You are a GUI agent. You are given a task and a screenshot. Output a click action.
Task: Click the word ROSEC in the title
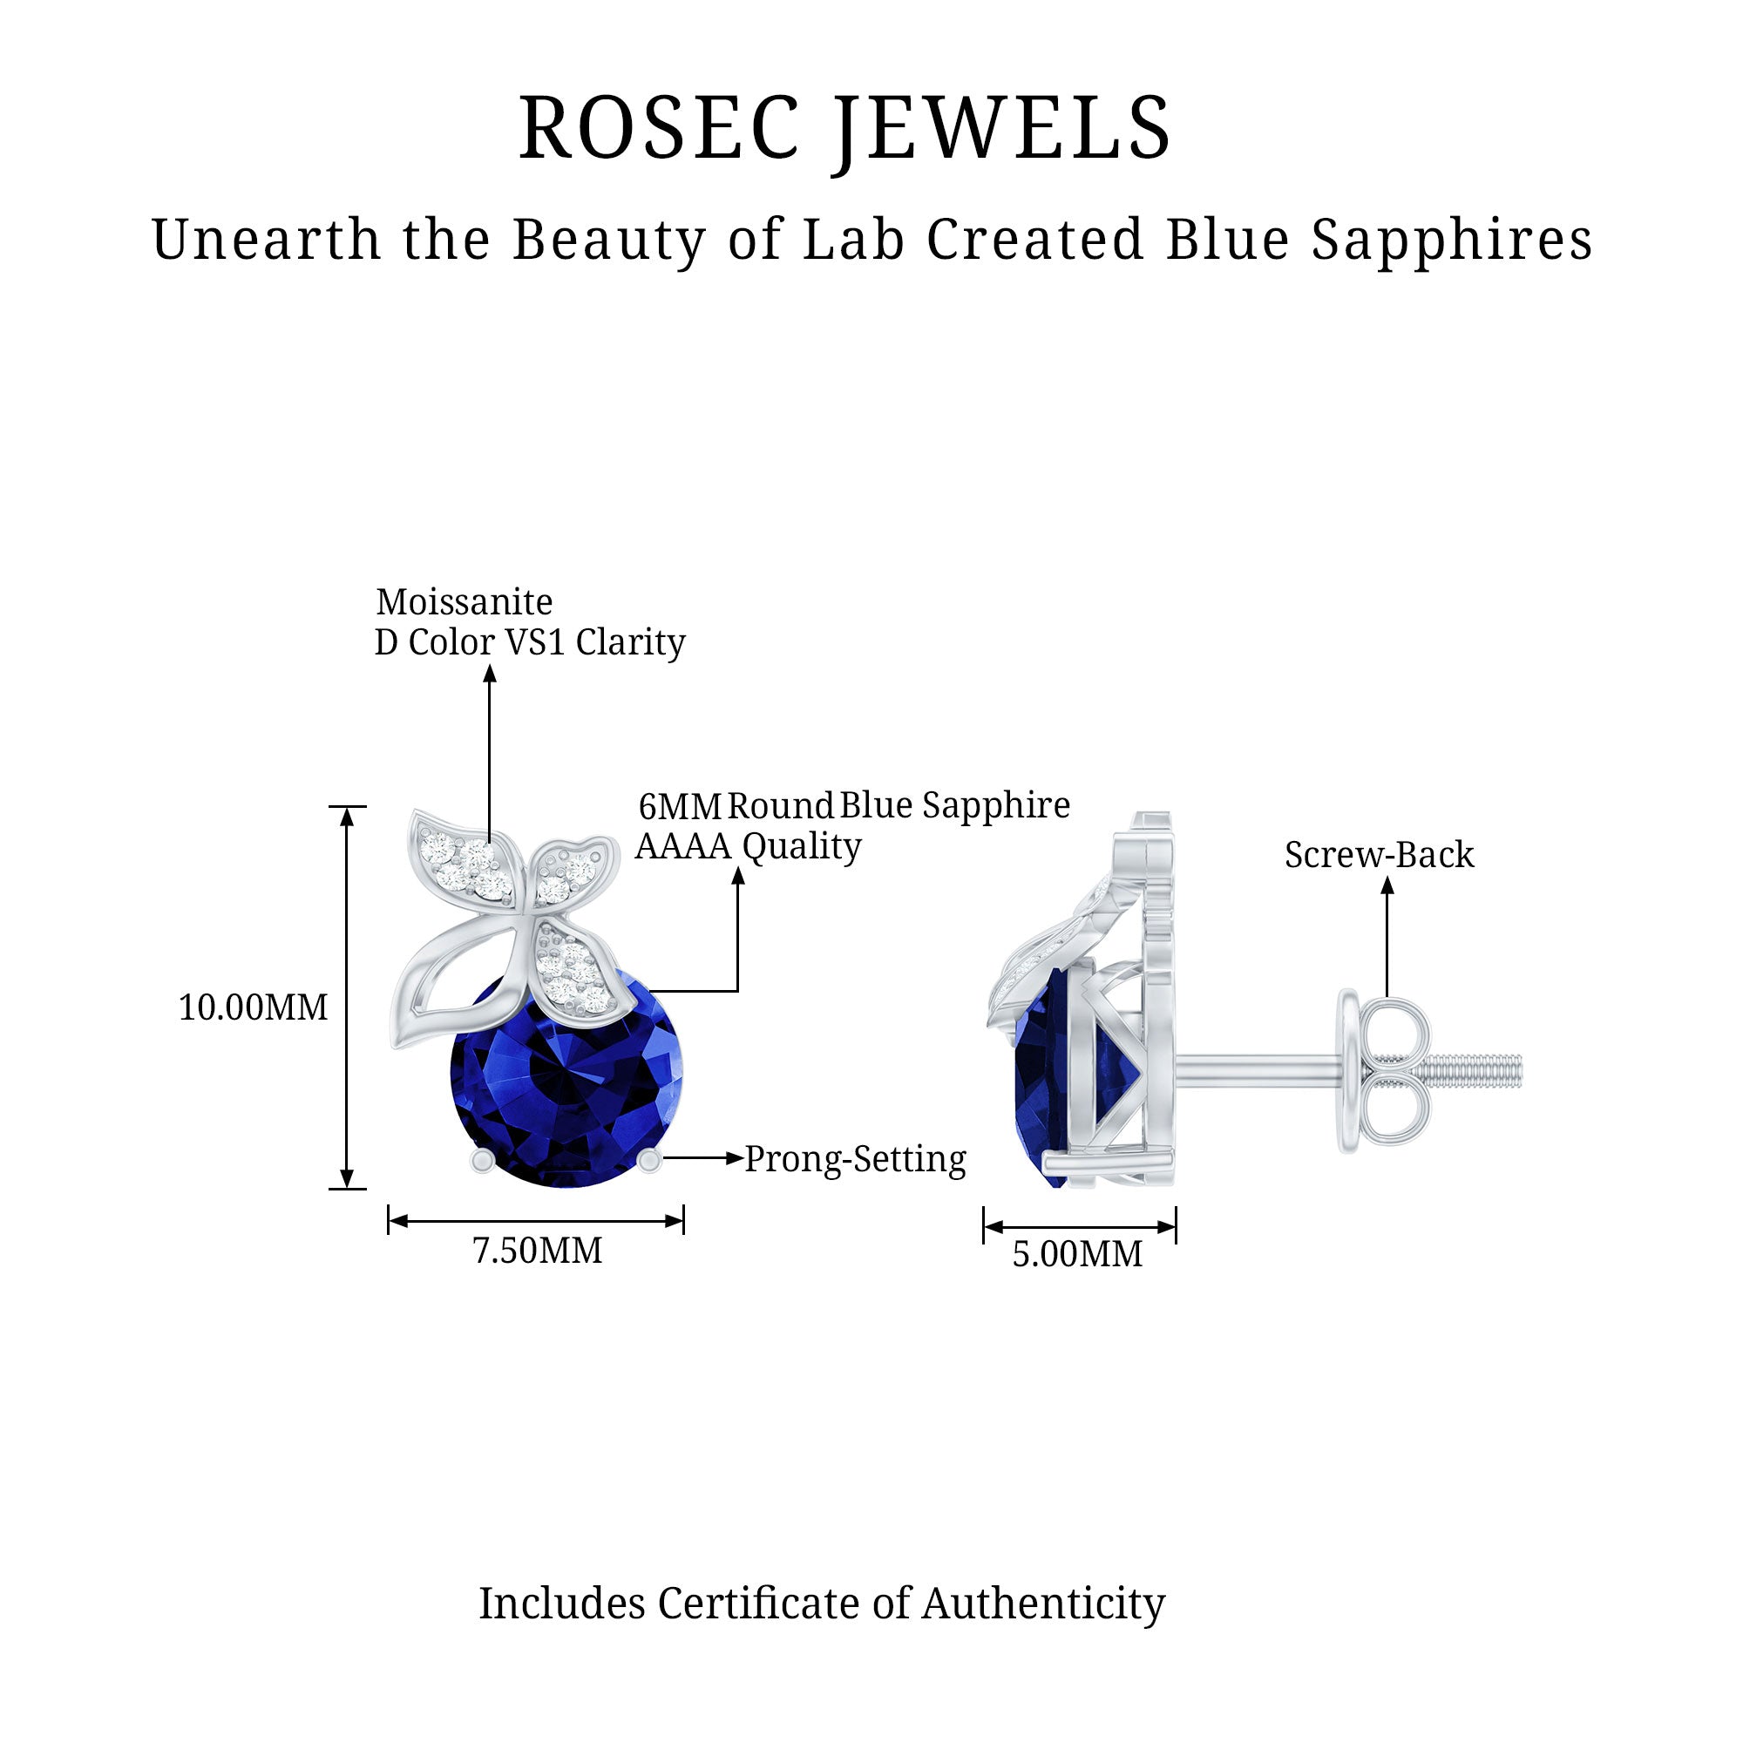[x=660, y=128]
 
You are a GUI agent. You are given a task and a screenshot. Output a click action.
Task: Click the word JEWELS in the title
[x=1002, y=128]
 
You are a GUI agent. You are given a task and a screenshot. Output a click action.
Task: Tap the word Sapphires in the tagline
[x=1452, y=240]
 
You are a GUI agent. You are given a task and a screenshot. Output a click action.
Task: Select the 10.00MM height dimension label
[x=253, y=1007]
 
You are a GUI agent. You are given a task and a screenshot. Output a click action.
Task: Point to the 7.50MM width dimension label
[x=538, y=1251]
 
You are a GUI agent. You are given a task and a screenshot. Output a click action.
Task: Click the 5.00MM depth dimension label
[x=1077, y=1255]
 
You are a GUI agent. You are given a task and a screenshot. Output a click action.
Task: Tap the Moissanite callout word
[x=464, y=601]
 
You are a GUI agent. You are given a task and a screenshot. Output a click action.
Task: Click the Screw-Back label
[x=1379, y=854]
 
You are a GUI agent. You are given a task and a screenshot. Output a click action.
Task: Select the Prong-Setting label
[x=855, y=1159]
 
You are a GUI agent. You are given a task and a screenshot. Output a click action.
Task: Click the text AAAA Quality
[x=748, y=846]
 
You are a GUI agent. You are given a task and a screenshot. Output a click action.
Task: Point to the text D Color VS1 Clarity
[x=530, y=642]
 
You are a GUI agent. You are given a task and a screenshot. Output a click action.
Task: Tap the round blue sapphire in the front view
[x=566, y=1083]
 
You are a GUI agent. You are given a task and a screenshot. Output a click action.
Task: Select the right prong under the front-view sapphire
[x=648, y=1161]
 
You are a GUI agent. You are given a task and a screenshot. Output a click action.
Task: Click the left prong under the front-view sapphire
[x=484, y=1161]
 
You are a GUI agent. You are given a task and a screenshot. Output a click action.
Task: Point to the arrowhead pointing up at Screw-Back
[x=1387, y=887]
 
